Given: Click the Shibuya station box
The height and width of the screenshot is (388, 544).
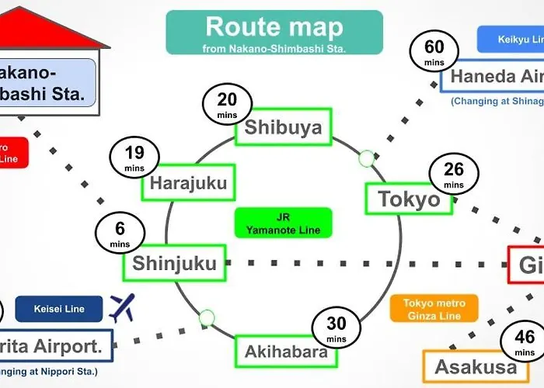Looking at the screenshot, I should (283, 127).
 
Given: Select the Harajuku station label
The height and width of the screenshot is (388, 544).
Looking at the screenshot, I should (188, 184).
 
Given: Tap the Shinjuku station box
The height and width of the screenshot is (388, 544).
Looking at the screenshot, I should (174, 263).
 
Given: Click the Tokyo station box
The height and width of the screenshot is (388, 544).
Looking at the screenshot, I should (409, 199).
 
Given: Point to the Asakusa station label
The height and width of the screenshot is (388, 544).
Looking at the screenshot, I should (476, 366).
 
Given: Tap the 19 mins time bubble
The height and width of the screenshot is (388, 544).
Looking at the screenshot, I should (134, 158).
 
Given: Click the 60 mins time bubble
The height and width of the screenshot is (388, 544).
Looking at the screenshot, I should (434, 54).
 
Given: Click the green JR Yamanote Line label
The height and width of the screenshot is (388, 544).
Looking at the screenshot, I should (283, 223).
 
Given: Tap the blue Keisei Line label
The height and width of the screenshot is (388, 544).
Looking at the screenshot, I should (60, 309).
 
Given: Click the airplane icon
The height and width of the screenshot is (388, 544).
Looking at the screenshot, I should (123, 307).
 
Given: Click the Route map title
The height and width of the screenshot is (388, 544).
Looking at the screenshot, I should (274, 28).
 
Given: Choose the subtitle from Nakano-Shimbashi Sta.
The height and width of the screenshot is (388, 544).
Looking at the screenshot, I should (274, 48).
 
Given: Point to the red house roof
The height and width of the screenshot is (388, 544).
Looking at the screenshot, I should (47, 31).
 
